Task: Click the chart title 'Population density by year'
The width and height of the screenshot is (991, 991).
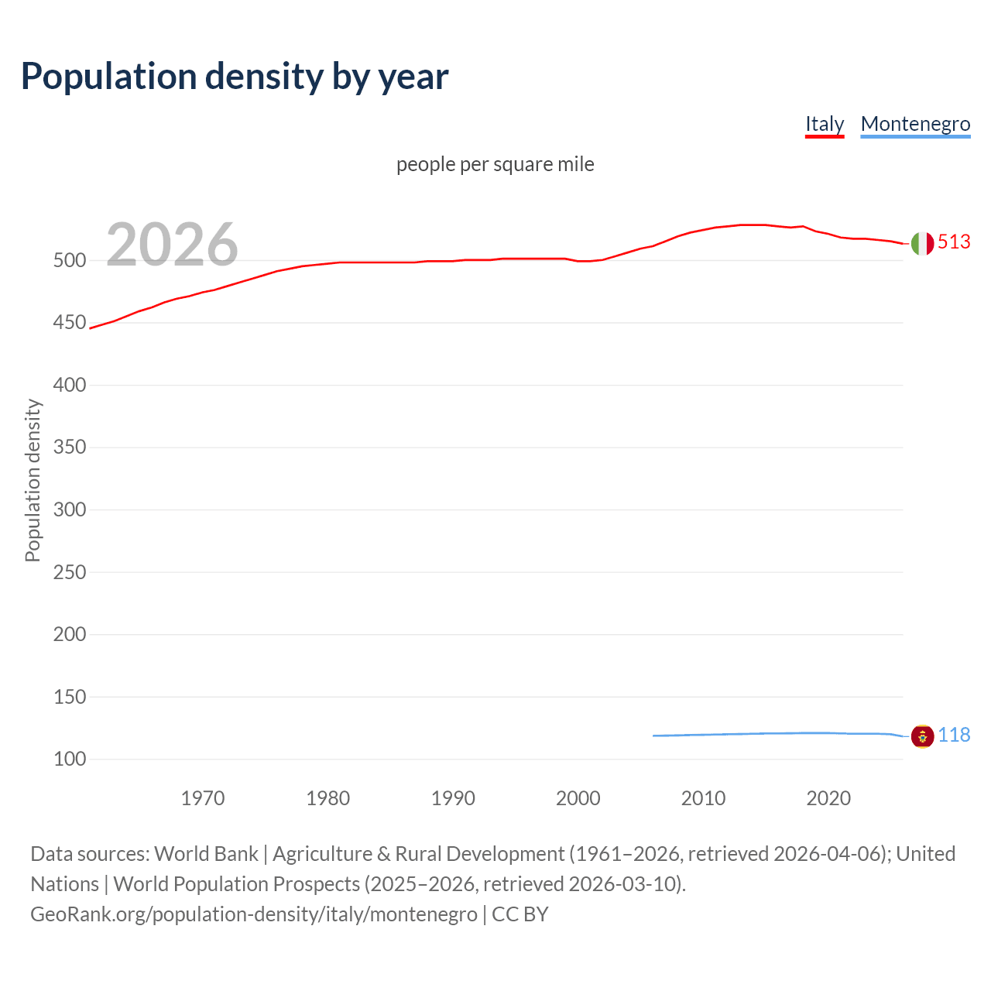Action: [x=235, y=77]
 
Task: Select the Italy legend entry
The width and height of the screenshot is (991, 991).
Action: [x=825, y=124]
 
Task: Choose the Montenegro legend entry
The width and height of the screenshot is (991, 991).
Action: [x=915, y=124]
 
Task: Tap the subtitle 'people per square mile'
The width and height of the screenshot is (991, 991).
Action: [x=495, y=164]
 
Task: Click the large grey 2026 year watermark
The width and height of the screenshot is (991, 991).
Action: [x=172, y=245]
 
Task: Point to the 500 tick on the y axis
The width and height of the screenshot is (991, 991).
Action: [x=70, y=261]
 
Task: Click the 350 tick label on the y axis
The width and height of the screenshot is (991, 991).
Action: [x=70, y=447]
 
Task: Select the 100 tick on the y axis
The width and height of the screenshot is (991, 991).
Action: [x=70, y=760]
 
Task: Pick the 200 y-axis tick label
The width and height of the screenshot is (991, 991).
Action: [x=70, y=635]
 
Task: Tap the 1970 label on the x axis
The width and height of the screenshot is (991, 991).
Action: [x=203, y=798]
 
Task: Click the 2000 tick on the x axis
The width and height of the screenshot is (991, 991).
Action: [x=578, y=798]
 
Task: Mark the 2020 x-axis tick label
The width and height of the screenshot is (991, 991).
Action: [x=828, y=798]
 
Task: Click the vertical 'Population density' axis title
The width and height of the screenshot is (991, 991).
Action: [x=33, y=480]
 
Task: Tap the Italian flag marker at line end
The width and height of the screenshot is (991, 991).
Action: [x=922, y=243]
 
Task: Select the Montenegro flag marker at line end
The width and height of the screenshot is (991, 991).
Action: [x=922, y=736]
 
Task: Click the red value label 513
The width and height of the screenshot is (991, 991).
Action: [x=954, y=242]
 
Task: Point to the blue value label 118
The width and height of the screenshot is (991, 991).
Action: [x=954, y=736]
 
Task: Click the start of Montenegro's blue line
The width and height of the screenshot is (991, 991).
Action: [x=654, y=736]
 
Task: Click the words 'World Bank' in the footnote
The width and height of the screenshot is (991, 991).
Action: [x=206, y=854]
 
